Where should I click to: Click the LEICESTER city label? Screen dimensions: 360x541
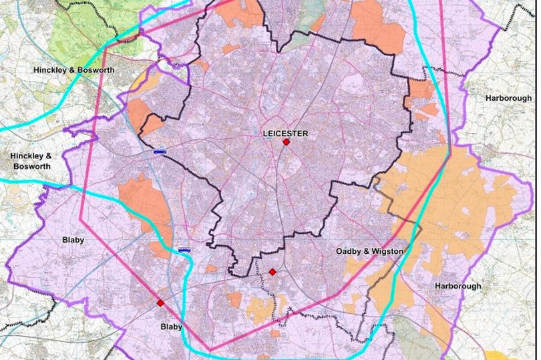(x=285, y=134)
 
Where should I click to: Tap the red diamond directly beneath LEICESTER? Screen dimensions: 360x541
(x=286, y=142)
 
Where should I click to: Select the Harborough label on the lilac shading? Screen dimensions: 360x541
(x=458, y=286)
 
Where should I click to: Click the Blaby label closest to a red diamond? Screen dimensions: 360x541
(x=171, y=327)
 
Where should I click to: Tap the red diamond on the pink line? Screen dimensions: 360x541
(x=160, y=303)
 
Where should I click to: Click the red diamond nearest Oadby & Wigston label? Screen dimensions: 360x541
(x=272, y=271)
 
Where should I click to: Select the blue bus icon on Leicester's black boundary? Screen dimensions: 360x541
(x=160, y=152)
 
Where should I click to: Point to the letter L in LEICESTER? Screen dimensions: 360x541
(x=266, y=134)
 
